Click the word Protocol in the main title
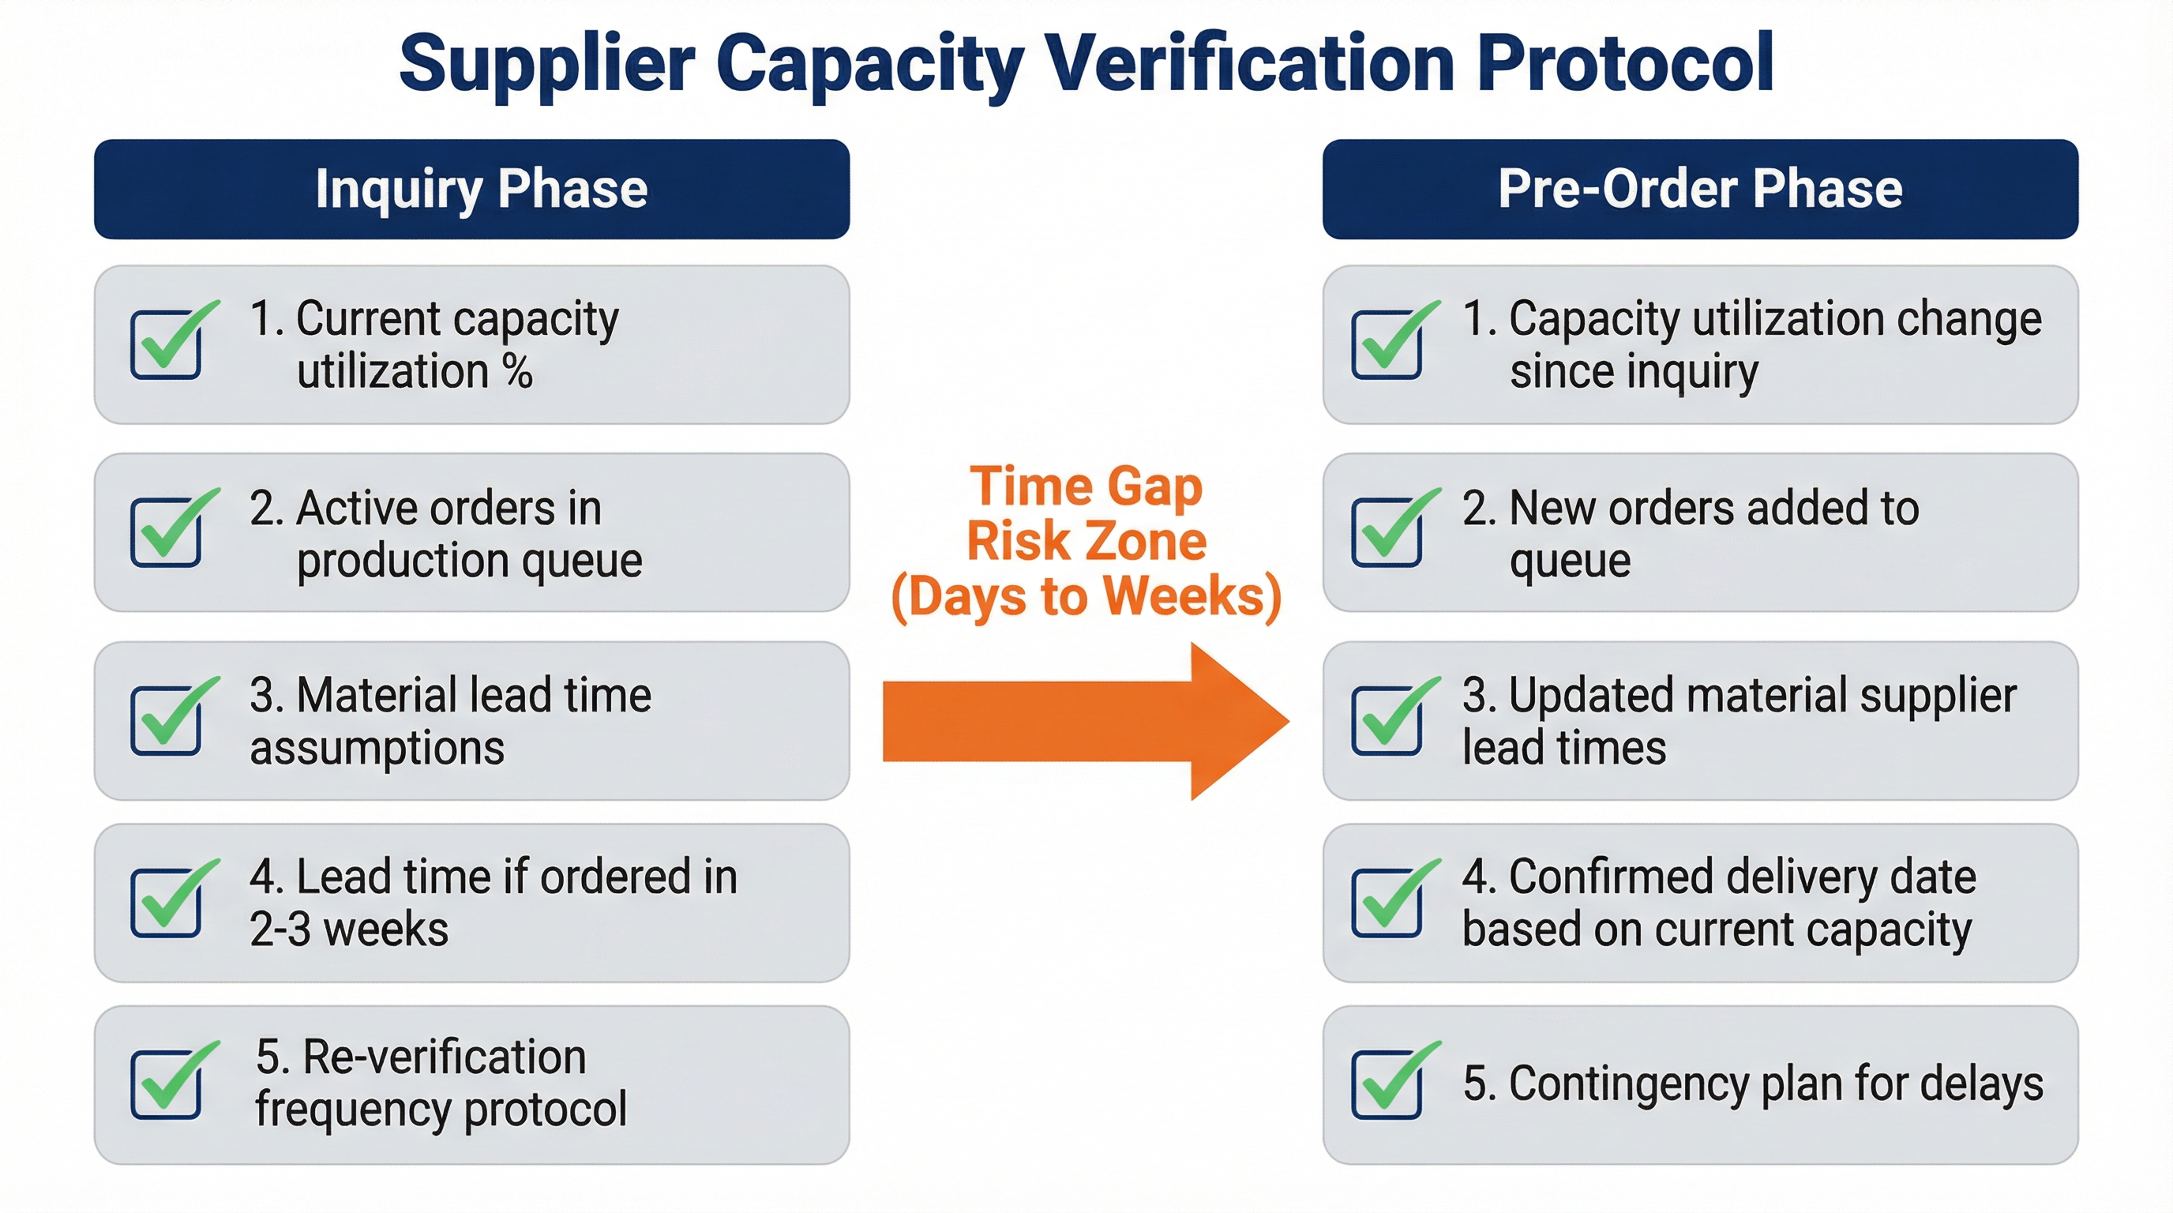[x=1626, y=63]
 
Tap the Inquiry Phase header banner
[x=471, y=189]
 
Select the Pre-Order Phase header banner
[x=1700, y=189]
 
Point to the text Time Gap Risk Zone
[x=1086, y=514]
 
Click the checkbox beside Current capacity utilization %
[x=166, y=344]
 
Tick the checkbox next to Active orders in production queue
[x=166, y=532]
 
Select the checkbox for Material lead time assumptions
[x=166, y=720]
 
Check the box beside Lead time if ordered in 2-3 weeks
[x=166, y=903]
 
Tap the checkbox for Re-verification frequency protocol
[x=166, y=1085]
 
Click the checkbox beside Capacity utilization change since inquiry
[x=1386, y=344]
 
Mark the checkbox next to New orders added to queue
[x=1386, y=532]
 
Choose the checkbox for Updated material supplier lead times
[x=1386, y=720]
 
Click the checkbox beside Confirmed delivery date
[x=1386, y=903]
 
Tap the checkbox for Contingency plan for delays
[x=1386, y=1085]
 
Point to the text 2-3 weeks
[x=348, y=929]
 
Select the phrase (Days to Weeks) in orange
[x=1086, y=597]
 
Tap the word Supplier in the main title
[x=546, y=63]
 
